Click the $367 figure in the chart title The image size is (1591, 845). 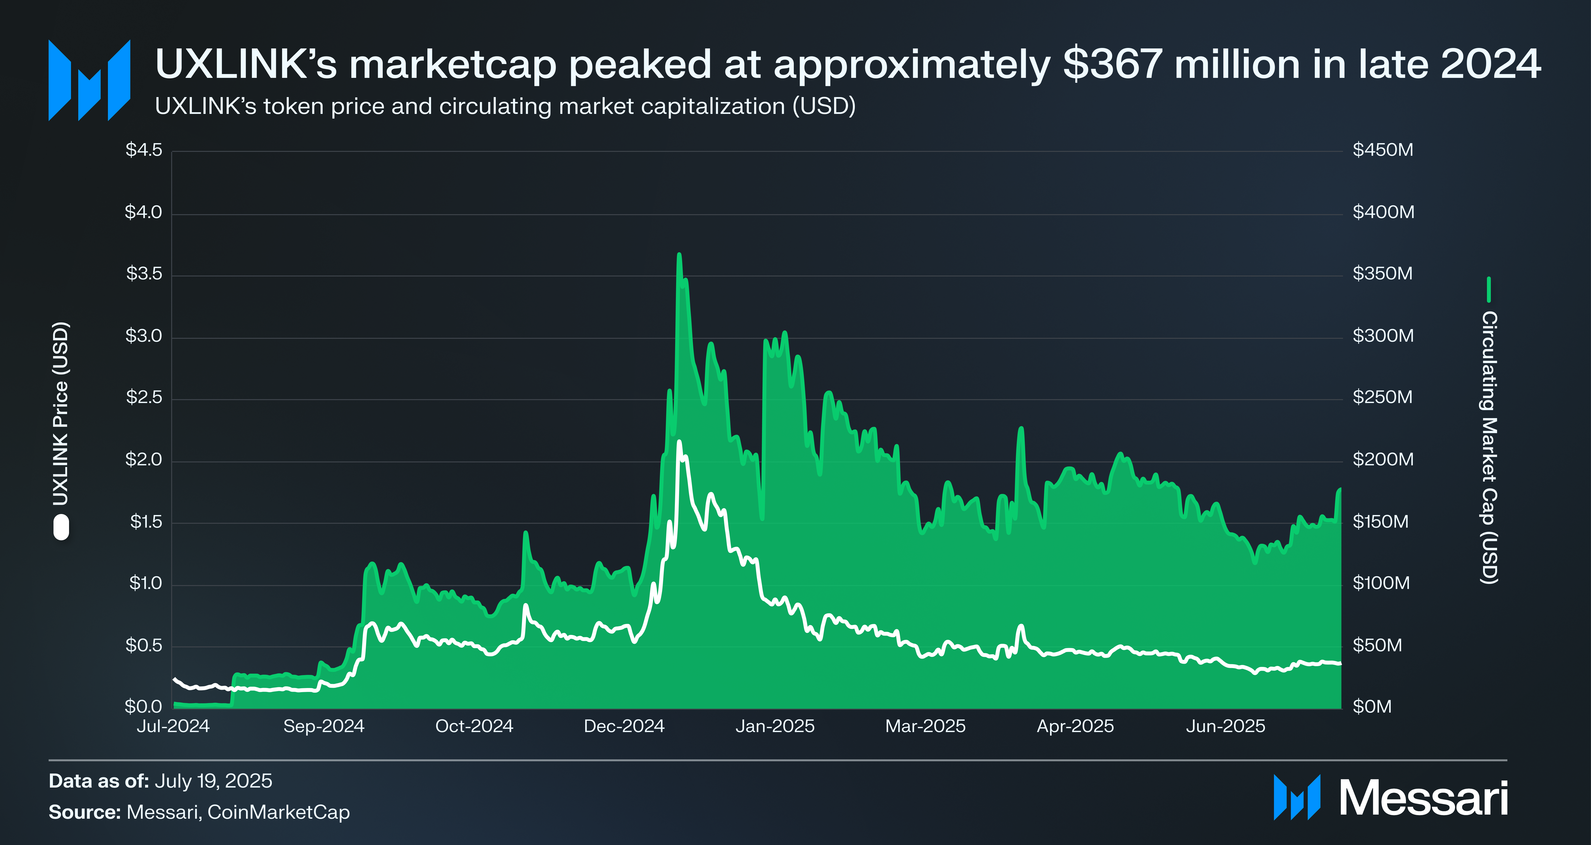point(1112,64)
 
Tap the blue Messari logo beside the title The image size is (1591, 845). point(89,80)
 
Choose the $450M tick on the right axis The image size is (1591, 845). point(1382,150)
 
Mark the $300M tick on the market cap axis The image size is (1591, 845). point(1382,336)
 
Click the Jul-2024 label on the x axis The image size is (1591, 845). point(173,726)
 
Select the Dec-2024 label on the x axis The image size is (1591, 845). point(624,726)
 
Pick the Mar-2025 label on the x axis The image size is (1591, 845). point(925,726)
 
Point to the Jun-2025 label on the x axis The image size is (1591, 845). point(1225,726)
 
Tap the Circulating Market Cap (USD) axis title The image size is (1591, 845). point(1489,447)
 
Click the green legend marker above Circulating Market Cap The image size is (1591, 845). point(1489,289)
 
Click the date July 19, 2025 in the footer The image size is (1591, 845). point(213,781)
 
